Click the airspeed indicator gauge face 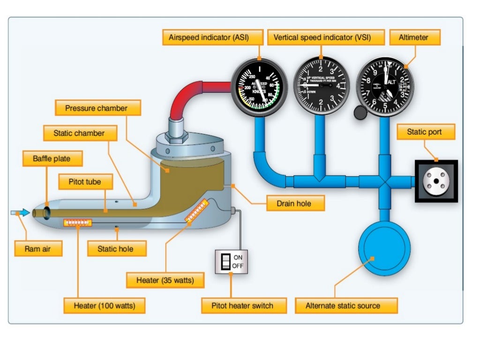pyautogui.click(x=259, y=86)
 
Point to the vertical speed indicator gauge pyautogui.click(x=322, y=85)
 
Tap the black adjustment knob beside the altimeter pyautogui.click(x=360, y=113)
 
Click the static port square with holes pyautogui.click(x=436, y=181)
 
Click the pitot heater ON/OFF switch pyautogui.click(x=230, y=261)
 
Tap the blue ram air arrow pyautogui.click(x=20, y=213)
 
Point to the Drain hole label pyautogui.click(x=295, y=203)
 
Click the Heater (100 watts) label pyautogui.click(x=105, y=306)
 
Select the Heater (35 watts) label pyautogui.click(x=166, y=280)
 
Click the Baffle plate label pyautogui.click(x=52, y=158)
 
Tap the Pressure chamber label pyautogui.click(x=97, y=108)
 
